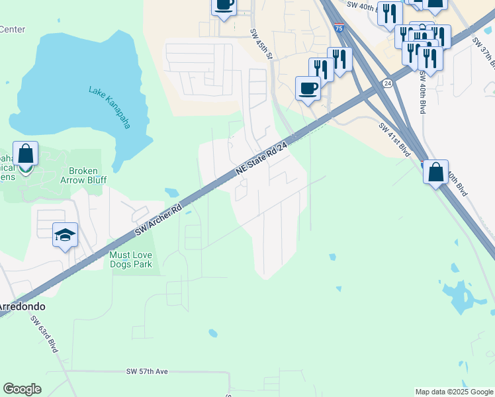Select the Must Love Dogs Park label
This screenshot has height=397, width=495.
(x=131, y=259)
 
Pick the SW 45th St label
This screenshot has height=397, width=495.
(x=261, y=44)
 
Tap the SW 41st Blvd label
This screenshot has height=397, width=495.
(x=395, y=138)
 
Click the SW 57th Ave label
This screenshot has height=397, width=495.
(x=147, y=373)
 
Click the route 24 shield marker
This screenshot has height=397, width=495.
(x=387, y=83)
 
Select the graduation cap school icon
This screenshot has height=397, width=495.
(x=66, y=234)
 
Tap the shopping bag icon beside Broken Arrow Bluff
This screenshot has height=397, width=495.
(x=25, y=154)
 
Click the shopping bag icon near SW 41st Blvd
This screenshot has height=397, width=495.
(x=435, y=173)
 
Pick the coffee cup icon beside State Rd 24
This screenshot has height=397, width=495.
(x=308, y=87)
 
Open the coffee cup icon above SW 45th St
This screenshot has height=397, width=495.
(x=224, y=5)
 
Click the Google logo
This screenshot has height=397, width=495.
(x=22, y=389)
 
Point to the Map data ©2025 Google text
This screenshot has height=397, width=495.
(x=453, y=392)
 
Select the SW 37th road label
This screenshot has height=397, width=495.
(x=484, y=52)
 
